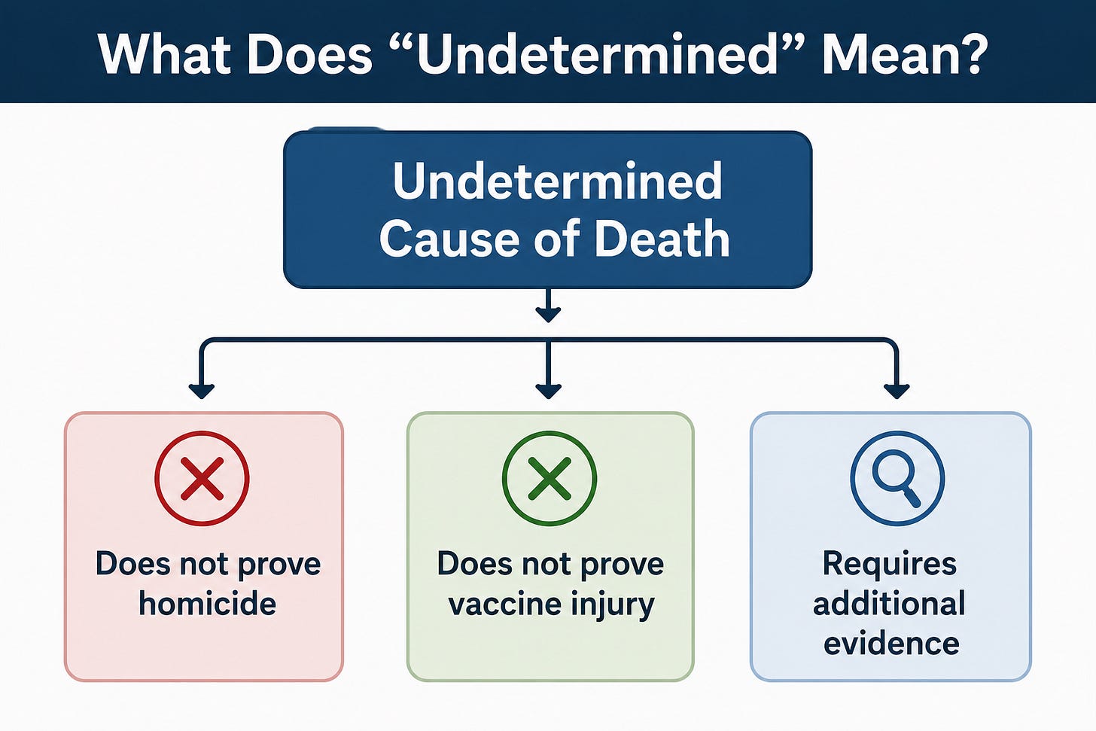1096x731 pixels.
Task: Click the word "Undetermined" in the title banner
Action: click(x=597, y=53)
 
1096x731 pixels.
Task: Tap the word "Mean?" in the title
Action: click(x=901, y=53)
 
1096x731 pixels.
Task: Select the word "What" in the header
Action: click(x=165, y=53)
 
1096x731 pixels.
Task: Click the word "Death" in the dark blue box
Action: click(x=662, y=239)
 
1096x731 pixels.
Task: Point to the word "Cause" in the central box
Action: click(x=449, y=239)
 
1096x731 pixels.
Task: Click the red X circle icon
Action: click(x=202, y=479)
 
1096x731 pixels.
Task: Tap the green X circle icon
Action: click(x=550, y=479)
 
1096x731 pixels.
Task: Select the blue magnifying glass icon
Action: click(x=898, y=479)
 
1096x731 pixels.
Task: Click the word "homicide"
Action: click(x=208, y=604)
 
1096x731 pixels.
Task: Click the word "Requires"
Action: click(x=890, y=565)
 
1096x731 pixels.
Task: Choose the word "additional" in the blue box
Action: click(x=890, y=604)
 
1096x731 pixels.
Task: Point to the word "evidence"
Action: click(x=891, y=644)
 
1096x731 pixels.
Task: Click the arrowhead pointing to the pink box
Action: click(x=202, y=391)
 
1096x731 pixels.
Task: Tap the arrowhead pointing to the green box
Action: click(x=549, y=391)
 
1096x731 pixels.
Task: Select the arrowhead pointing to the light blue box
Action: click(x=897, y=391)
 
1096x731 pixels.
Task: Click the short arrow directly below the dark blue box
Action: click(x=549, y=306)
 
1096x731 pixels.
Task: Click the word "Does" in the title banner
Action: click(x=309, y=53)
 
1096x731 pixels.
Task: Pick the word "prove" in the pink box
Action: click(x=279, y=565)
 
